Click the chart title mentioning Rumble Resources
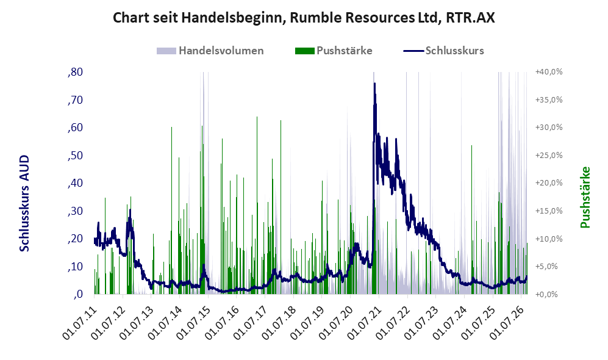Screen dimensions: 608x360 pyautogui.click(x=304, y=18)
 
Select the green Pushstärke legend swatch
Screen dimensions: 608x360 pyautogui.click(x=304, y=51)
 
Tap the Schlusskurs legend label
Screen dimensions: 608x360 pyautogui.click(x=454, y=51)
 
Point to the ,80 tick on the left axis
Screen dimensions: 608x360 pyautogui.click(x=75, y=72)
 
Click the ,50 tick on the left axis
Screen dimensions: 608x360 pyautogui.click(x=75, y=156)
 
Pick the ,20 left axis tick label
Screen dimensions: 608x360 pyautogui.click(x=75, y=239)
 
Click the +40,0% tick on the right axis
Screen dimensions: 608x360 pyautogui.click(x=549, y=72)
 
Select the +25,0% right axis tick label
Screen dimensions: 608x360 pyautogui.click(x=549, y=156)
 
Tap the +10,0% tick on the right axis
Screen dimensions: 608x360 pyautogui.click(x=549, y=239)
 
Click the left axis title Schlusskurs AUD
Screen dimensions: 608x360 pyautogui.click(x=24, y=203)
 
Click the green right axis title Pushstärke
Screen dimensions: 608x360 pyautogui.click(x=585, y=197)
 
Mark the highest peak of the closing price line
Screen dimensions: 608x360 pyautogui.click(x=374, y=84)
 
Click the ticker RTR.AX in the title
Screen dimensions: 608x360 pyautogui.click(x=470, y=18)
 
